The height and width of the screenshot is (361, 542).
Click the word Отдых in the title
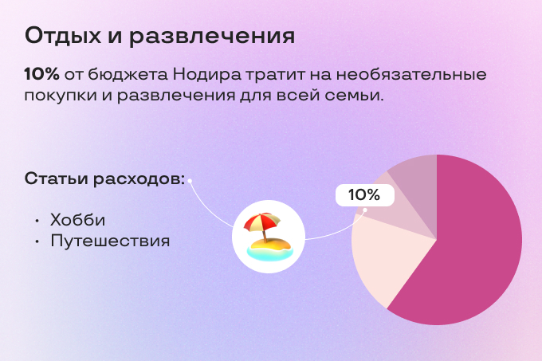coord(63,36)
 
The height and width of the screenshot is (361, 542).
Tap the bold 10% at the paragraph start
coord(42,74)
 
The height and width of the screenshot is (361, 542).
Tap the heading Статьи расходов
coord(104,179)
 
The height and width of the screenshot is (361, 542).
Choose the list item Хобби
coord(77,219)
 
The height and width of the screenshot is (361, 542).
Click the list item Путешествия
coord(110,240)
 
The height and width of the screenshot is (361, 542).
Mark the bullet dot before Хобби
coord(37,220)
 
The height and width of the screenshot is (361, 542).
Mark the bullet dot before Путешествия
coord(37,241)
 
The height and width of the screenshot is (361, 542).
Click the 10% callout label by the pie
coord(363,194)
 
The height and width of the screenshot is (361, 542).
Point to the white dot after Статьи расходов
coord(190,179)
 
